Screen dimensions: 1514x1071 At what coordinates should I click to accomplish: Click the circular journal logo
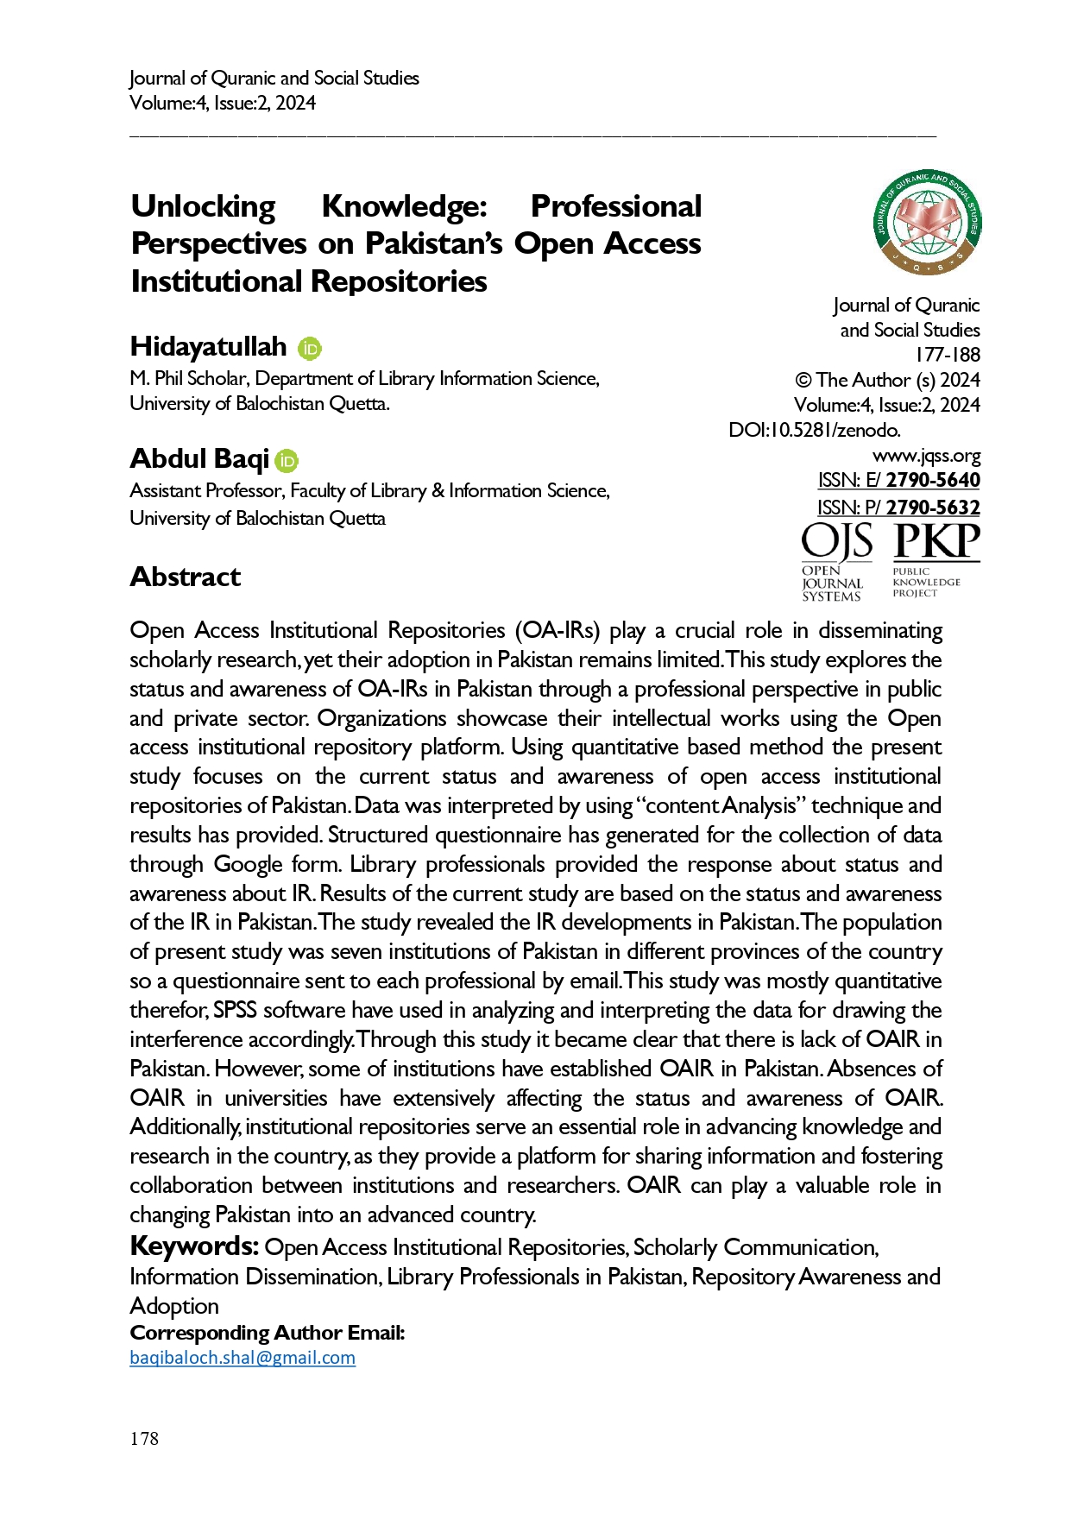pyautogui.click(x=928, y=221)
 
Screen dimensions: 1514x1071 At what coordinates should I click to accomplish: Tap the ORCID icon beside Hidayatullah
pyautogui.click(x=310, y=349)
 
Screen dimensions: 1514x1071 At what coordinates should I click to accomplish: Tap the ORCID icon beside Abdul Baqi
pyautogui.click(x=287, y=461)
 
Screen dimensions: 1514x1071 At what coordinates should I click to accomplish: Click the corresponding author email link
pyautogui.click(x=243, y=1357)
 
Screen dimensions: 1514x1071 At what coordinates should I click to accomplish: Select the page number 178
pyautogui.click(x=144, y=1438)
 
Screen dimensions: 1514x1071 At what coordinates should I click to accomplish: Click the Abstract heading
pyautogui.click(x=186, y=577)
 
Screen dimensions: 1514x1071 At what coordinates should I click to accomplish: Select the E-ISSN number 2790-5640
pyautogui.click(x=933, y=480)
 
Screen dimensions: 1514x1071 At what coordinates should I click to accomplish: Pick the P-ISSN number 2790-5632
pyautogui.click(x=933, y=508)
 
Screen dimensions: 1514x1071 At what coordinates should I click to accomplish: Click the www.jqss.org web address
pyautogui.click(x=926, y=455)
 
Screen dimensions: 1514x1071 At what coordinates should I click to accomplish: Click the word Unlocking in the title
pyautogui.click(x=204, y=206)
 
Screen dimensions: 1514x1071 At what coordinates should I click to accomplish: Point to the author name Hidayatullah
pyautogui.click(x=208, y=346)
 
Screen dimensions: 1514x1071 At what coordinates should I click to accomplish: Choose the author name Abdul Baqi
pyautogui.click(x=199, y=458)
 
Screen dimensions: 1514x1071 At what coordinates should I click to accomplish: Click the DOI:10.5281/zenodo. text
pyautogui.click(x=815, y=430)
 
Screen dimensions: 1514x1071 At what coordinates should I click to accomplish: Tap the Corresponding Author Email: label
pyautogui.click(x=268, y=1333)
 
